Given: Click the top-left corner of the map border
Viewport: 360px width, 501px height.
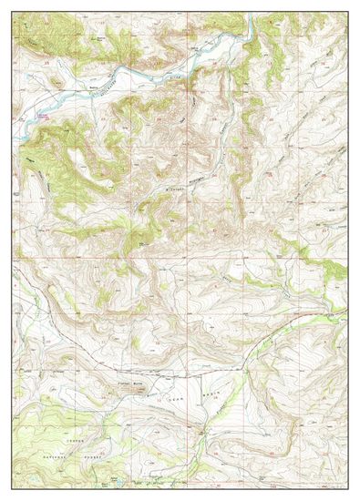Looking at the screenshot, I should click(13, 13).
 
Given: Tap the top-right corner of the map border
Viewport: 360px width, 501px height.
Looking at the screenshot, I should click(347, 13).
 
